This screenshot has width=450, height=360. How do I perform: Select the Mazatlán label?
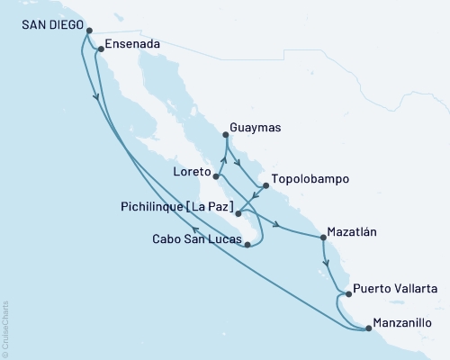click(x=352, y=230)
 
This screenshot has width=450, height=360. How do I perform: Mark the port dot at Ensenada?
click(x=100, y=49)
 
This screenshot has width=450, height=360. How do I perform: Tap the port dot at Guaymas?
click(x=225, y=136)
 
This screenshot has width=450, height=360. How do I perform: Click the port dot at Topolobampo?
click(x=265, y=187)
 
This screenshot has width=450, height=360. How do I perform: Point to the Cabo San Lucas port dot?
click(x=247, y=244)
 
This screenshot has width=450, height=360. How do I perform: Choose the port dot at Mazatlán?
click(x=323, y=238)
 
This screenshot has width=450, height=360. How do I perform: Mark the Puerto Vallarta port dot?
click(x=347, y=293)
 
